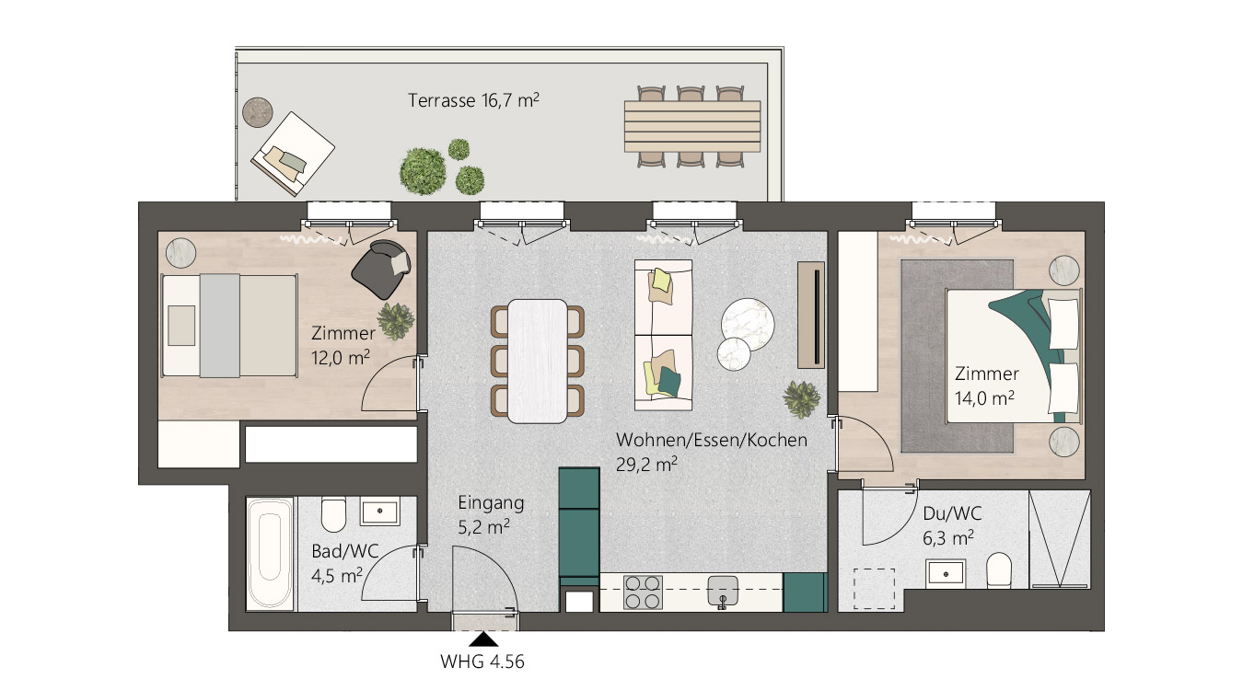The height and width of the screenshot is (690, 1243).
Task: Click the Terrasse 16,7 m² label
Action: [x=473, y=100]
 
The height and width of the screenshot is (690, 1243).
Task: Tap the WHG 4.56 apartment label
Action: [x=482, y=661]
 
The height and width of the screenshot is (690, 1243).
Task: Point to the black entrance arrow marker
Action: [x=484, y=640]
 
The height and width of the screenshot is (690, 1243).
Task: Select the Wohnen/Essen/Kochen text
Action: [x=712, y=440]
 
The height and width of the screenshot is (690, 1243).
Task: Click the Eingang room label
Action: [x=491, y=503]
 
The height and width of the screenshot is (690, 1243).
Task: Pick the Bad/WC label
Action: [x=345, y=551]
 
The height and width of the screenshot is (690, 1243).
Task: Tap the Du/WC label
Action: [x=952, y=513]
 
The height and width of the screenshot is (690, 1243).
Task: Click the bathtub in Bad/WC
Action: [x=270, y=554]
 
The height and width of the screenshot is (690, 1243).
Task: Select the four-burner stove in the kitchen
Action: [x=643, y=592]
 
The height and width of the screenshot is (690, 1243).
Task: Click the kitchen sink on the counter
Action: [x=723, y=591]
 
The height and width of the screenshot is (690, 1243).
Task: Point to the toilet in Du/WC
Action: [x=999, y=570]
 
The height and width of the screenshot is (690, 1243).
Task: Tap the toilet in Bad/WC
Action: [x=333, y=514]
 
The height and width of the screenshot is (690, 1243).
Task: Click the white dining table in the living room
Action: [x=537, y=361]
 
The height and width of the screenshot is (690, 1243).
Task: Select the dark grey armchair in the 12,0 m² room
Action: [x=380, y=268]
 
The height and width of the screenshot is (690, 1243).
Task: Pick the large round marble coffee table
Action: [x=748, y=324]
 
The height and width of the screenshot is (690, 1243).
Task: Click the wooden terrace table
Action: [x=692, y=126]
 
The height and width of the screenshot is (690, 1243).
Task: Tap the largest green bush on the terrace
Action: [x=423, y=171]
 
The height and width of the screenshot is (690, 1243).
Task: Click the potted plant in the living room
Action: [x=801, y=399]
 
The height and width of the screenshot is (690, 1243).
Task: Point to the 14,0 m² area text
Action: [x=984, y=398]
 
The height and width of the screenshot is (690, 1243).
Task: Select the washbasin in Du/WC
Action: [x=946, y=573]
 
